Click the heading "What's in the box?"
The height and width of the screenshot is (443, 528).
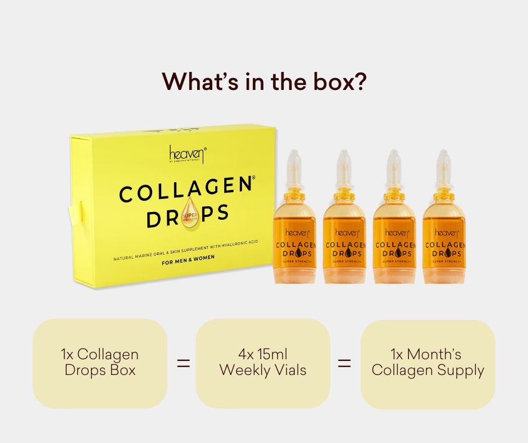click(x=264, y=82)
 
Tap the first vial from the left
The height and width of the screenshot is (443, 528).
click(x=294, y=225)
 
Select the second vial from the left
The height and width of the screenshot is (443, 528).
click(x=344, y=225)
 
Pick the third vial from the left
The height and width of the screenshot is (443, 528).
click(x=394, y=225)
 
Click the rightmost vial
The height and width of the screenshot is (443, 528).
click(x=443, y=225)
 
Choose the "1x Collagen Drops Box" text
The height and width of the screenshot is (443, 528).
click(x=100, y=363)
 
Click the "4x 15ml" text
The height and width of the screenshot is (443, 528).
click(x=262, y=355)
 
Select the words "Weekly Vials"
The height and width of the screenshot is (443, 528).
click(x=262, y=370)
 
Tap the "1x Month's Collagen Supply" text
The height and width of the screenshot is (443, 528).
click(x=427, y=363)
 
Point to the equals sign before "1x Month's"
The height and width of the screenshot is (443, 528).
click(x=344, y=363)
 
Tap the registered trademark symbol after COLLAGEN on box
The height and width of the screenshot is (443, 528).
click(x=253, y=178)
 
